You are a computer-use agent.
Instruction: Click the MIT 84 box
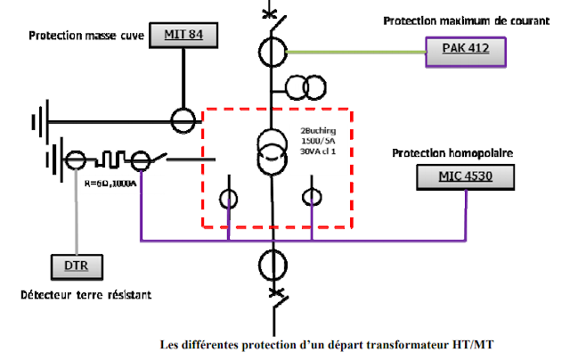[x=185, y=36]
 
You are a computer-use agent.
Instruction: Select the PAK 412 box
[x=466, y=48]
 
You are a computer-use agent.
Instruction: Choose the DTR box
[x=76, y=265]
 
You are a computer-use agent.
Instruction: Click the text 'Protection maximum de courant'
[x=461, y=20]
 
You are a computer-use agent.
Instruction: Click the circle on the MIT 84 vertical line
[x=183, y=119]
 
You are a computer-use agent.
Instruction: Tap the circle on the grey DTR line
[x=77, y=161]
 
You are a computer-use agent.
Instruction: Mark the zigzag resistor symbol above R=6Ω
[x=109, y=161]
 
